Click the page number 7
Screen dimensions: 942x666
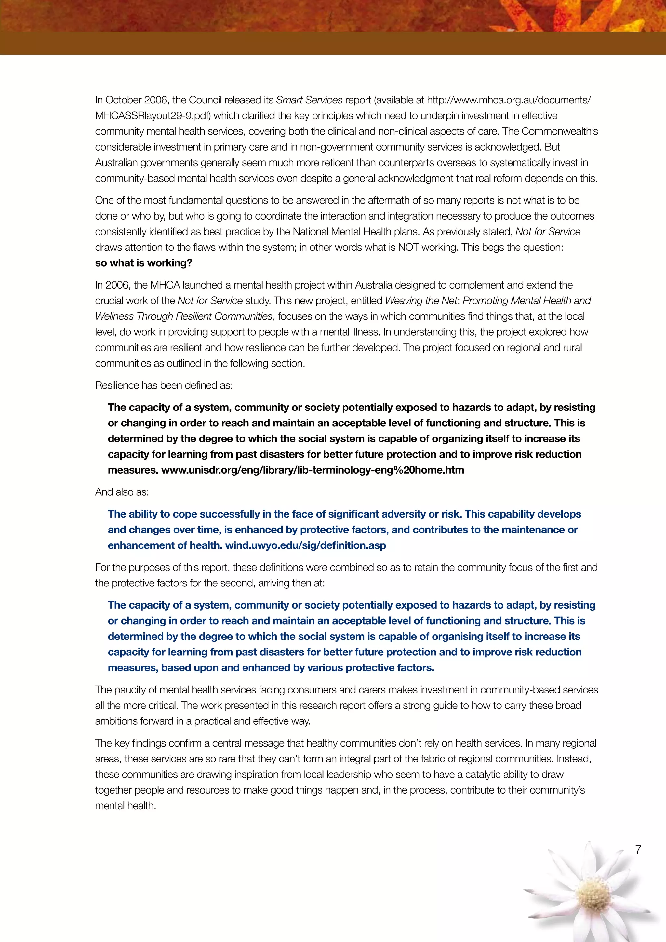(638, 850)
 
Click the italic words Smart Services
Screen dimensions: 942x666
(309, 100)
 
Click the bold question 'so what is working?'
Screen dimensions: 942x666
(143, 263)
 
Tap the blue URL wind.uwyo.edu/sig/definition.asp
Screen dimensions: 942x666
(306, 546)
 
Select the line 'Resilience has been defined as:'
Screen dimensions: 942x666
(164, 385)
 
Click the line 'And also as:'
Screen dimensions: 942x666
(122, 492)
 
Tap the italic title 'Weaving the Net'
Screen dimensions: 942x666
(421, 301)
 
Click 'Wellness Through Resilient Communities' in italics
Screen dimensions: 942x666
(184, 316)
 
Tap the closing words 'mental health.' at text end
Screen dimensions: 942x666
(126, 806)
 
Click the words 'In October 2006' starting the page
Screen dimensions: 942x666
(132, 100)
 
